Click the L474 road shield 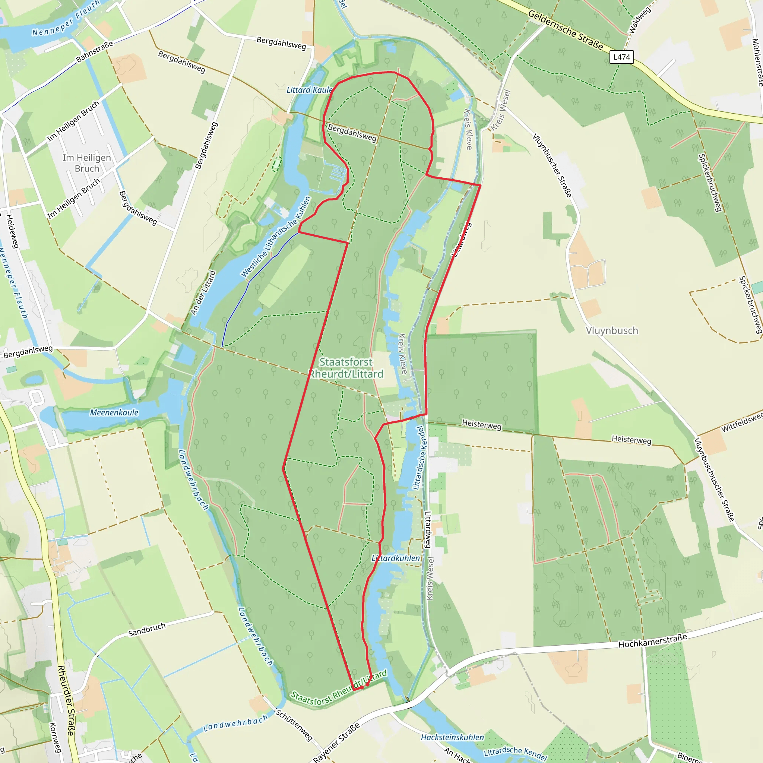[622, 57]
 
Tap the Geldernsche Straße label [565, 31]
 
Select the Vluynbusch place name [612, 330]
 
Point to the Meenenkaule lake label [114, 413]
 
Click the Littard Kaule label [309, 90]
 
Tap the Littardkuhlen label [395, 558]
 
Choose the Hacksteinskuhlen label [452, 737]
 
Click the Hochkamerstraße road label [652, 641]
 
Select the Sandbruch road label [147, 630]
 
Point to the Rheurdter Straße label [66, 700]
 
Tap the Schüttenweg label [294, 725]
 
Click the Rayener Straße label [336, 743]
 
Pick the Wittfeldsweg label [742, 422]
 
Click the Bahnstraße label [94, 51]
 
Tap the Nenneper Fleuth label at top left [66, 18]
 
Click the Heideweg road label [12, 231]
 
